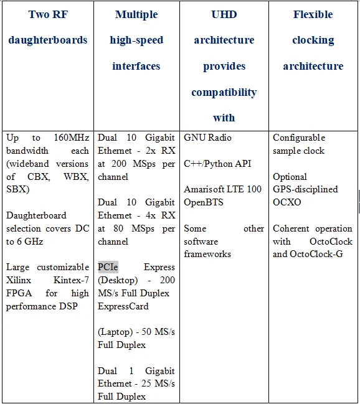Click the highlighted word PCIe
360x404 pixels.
coord(108,267)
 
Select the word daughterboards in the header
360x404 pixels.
coord(48,40)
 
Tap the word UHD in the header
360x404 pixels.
coord(224,14)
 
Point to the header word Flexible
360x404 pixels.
coord(313,14)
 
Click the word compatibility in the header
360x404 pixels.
coord(224,93)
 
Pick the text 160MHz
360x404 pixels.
coord(70,138)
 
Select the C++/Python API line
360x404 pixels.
coord(217,164)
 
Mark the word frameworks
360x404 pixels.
coord(207,254)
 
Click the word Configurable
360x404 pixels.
coord(299,138)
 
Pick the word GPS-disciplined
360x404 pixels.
coord(305,189)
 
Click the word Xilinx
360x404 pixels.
coord(20,280)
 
